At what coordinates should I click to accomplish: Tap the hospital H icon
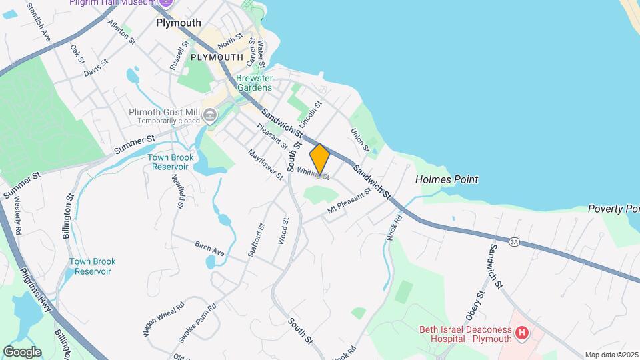523,332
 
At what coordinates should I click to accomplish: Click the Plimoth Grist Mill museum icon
210,117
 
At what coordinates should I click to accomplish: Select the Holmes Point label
447,179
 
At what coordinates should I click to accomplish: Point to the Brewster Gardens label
253,83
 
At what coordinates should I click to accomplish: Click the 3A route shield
513,241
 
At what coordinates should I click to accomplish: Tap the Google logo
22,351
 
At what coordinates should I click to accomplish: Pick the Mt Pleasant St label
349,201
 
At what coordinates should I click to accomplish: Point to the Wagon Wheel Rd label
163,319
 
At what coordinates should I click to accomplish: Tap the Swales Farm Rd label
197,323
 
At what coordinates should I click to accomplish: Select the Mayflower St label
265,163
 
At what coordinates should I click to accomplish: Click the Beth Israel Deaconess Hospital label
466,333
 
